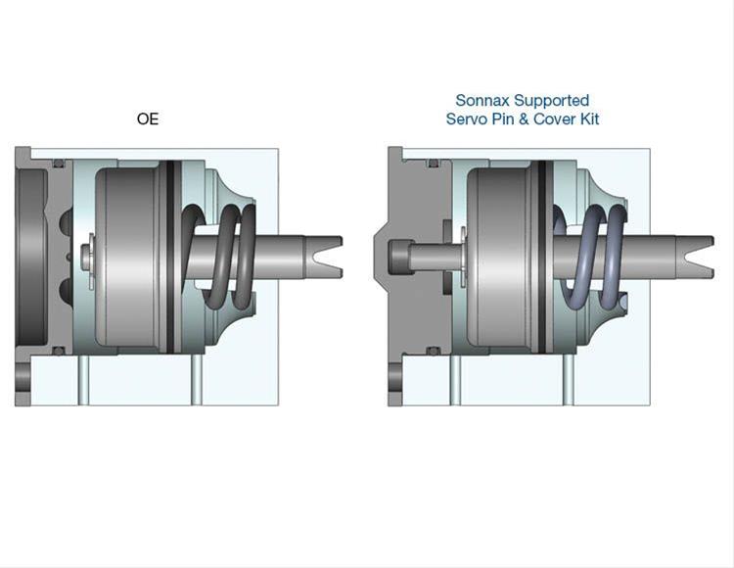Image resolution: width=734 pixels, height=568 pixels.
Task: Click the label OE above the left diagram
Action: (148, 119)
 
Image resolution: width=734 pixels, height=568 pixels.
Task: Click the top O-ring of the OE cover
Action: (59, 163)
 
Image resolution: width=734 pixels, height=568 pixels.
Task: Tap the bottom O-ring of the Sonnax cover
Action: (431, 351)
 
